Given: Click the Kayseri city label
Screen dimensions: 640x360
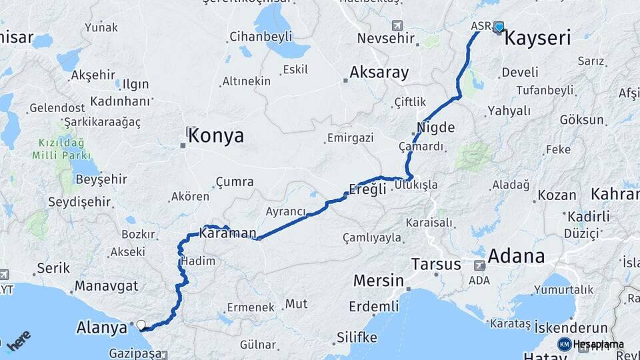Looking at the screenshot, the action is coord(537,38).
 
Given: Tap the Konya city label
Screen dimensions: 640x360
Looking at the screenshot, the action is coord(215,137).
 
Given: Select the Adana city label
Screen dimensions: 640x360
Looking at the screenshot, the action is coord(516,256).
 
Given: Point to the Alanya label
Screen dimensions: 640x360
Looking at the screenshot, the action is coord(101,327).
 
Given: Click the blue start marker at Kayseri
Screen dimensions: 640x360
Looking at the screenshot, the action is coord(499,27).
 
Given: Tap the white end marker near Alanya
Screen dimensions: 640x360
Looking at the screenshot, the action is coord(141,325).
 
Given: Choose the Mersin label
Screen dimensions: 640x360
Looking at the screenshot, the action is coord(379,280).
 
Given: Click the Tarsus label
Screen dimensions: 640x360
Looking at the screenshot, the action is coord(436,264).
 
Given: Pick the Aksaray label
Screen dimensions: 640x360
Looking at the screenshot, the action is coord(379,73).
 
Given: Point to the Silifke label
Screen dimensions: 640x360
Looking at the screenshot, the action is coord(356,336).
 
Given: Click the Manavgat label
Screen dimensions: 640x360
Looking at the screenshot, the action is coord(106,286).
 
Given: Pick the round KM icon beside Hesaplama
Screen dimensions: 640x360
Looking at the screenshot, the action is coord(564,344).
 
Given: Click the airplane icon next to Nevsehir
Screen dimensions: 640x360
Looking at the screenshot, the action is coord(398,26).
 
